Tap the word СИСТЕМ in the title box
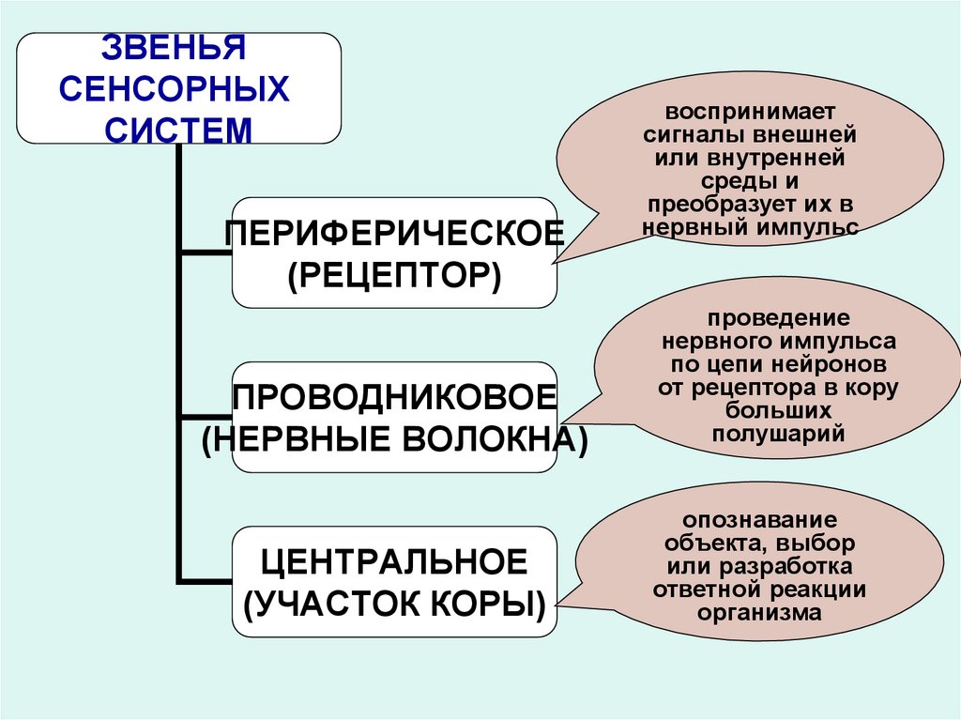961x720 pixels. tap(178, 129)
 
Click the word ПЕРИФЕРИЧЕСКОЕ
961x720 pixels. tap(394, 233)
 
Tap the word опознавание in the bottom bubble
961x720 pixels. tap(759, 519)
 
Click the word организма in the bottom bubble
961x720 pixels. tap(759, 613)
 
